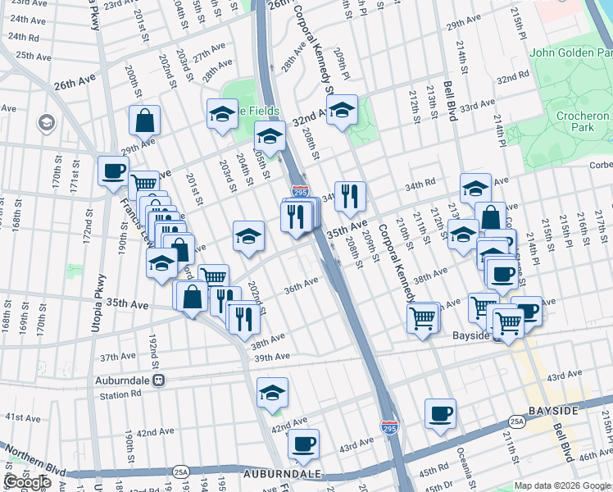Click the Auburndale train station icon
click(x=159, y=380)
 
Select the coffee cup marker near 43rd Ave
click(x=303, y=444)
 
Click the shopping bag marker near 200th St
click(x=144, y=121)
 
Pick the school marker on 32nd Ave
click(x=342, y=111)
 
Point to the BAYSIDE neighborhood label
click(x=576, y=409)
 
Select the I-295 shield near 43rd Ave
click(x=389, y=427)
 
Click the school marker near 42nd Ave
click(x=272, y=393)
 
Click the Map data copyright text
click(x=561, y=485)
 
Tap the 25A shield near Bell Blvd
click(x=517, y=421)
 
